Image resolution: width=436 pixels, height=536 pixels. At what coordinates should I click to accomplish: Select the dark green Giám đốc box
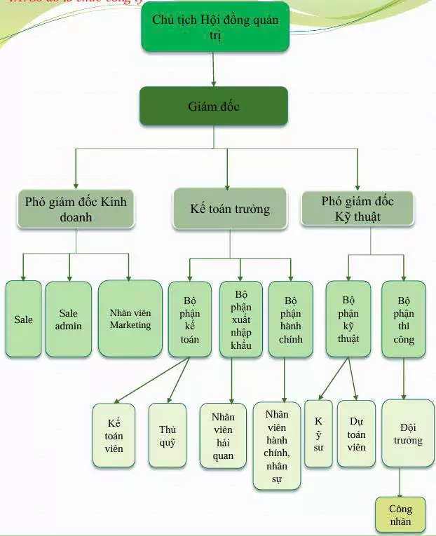[x=214, y=106]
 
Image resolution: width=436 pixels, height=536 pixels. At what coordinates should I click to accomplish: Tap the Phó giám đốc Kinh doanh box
[x=76, y=209]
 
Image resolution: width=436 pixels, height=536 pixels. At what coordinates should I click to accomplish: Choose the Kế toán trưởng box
[x=230, y=209]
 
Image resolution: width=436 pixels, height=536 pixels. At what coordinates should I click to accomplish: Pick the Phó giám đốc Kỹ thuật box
[x=357, y=209]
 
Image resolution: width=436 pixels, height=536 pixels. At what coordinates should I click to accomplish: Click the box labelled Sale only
[x=23, y=319]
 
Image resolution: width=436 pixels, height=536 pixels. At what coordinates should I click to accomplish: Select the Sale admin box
[x=69, y=319]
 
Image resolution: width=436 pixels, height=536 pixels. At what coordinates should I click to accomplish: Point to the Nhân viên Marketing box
[x=130, y=319]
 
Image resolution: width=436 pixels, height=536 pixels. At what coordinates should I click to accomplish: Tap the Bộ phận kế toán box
[x=189, y=319]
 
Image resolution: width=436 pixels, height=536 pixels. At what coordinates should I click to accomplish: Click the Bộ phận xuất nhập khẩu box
[x=242, y=319]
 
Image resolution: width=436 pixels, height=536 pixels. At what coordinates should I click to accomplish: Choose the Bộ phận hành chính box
[x=290, y=319]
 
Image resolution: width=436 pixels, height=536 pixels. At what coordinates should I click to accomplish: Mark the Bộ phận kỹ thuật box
[x=348, y=319]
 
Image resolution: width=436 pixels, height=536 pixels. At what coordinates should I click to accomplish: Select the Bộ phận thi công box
[x=403, y=319]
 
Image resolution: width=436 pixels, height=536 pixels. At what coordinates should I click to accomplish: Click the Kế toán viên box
[x=114, y=435]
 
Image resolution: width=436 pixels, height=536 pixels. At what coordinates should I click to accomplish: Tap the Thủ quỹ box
[x=168, y=435]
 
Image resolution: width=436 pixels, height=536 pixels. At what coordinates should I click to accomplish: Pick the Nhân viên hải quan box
[x=223, y=435]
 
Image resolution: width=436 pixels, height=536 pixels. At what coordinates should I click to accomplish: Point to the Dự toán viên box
[x=356, y=434]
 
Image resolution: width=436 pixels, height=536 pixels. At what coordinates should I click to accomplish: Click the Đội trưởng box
[x=407, y=433]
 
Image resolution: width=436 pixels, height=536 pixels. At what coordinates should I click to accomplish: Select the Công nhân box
[x=400, y=515]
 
